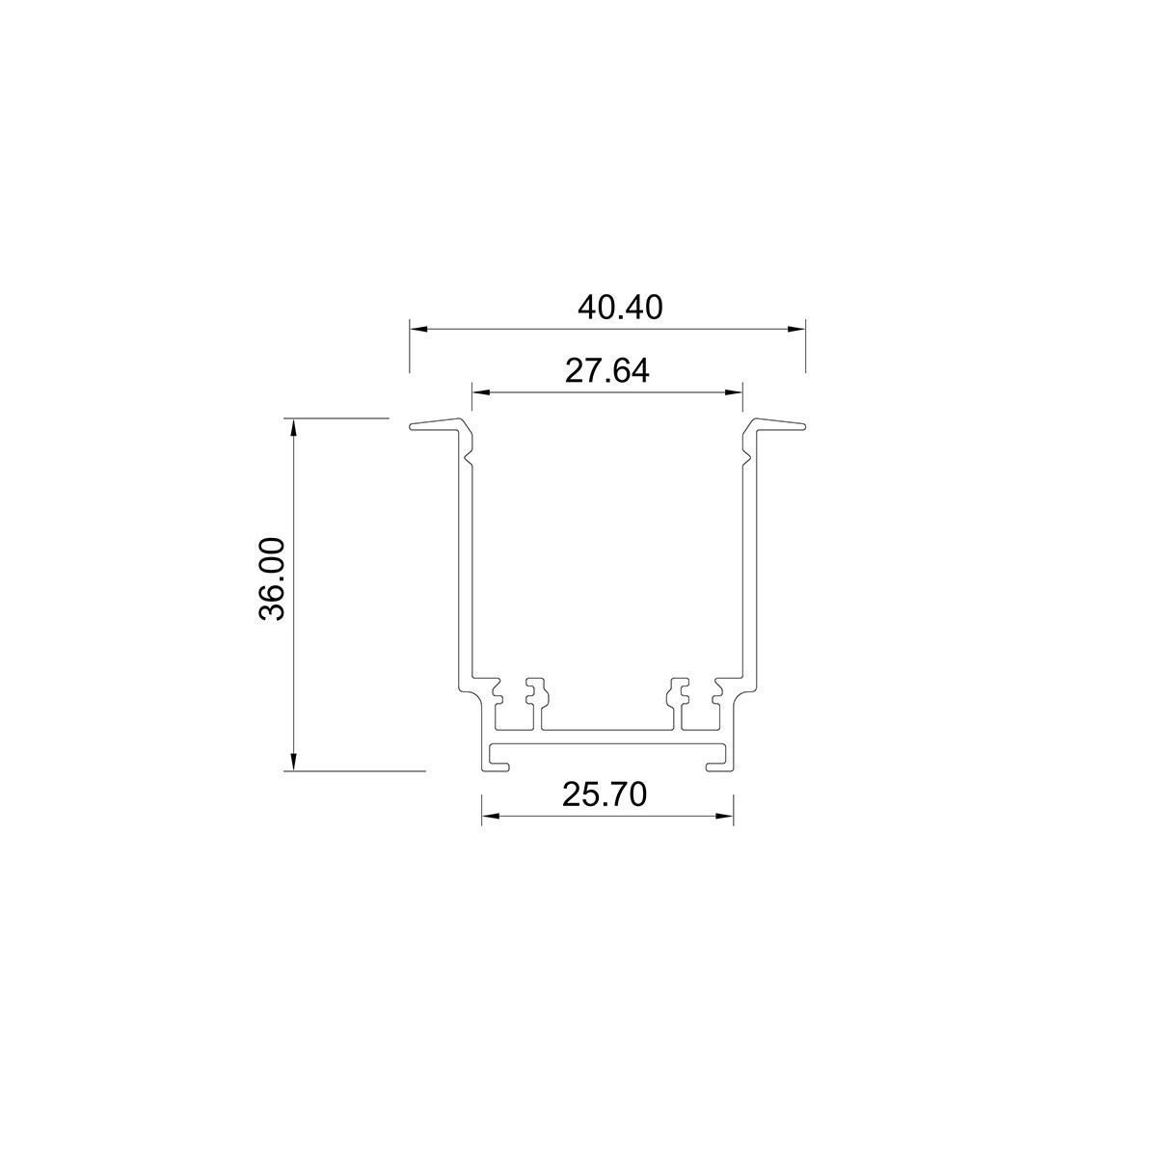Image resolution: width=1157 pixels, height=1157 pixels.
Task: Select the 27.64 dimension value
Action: point(606,371)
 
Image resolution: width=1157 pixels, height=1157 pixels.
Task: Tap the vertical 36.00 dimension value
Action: point(273,578)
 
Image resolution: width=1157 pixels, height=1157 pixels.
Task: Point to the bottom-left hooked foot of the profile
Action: point(498,766)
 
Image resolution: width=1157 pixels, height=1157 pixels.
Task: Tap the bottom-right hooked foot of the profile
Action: point(718,766)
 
